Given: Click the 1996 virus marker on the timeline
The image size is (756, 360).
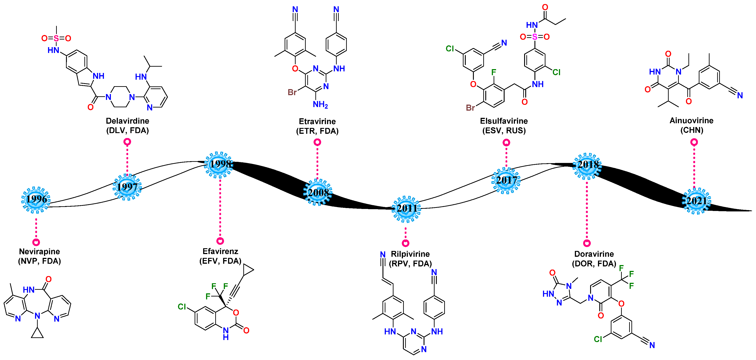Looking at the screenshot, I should coord(36,200).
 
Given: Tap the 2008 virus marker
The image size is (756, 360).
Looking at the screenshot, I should coord(318,193).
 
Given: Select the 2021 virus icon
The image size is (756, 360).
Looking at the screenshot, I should coord(696,201).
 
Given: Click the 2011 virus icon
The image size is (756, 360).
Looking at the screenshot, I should coord(406,208).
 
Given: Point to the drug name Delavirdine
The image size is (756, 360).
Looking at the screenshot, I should coord(127,121).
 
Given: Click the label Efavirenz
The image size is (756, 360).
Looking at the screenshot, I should coord(220,251).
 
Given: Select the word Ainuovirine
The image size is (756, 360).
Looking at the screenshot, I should coord(691,121).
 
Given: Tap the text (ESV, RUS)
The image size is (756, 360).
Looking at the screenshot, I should coord(504,131).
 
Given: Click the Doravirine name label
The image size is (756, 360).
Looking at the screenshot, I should coord(594,254).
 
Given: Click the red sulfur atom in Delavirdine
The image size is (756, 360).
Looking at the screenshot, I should coord(56,38).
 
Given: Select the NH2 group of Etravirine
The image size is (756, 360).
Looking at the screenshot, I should coord(320,104).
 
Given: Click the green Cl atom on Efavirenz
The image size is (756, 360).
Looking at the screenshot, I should coord(182,307).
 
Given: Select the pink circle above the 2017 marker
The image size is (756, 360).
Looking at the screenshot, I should coord(506,143).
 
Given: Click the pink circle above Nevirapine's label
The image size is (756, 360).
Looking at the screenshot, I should coord(36,242).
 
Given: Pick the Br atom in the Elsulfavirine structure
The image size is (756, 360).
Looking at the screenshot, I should coord(470,108).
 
